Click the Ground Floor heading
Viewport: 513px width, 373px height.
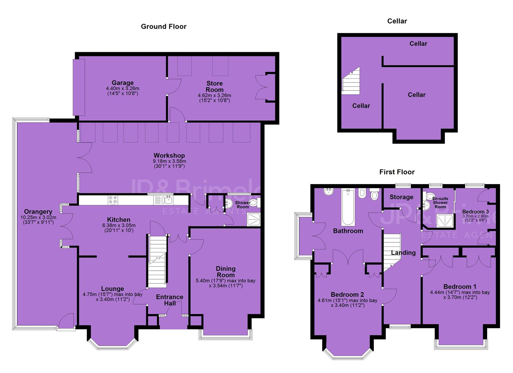pos(163,27)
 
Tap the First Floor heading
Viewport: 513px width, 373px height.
pos(397,172)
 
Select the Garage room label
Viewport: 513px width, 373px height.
pos(123,83)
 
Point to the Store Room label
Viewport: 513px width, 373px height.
pos(215,87)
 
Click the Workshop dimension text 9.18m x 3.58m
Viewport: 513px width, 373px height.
pos(169,161)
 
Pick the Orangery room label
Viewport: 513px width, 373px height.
pos(38,212)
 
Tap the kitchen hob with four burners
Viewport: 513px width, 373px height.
pos(113,200)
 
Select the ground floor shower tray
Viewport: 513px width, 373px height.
pos(254,220)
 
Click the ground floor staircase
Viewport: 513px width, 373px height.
pos(157,261)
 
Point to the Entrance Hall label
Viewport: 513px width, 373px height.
pos(170,300)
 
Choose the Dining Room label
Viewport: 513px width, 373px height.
pos(226,271)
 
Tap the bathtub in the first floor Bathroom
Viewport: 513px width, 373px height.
pos(348,207)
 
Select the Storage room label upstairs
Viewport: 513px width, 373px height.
pos(401,197)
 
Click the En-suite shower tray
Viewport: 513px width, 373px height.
pos(445,221)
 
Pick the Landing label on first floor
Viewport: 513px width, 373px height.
pos(403,252)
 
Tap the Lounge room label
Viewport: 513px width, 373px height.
pos(113,288)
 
